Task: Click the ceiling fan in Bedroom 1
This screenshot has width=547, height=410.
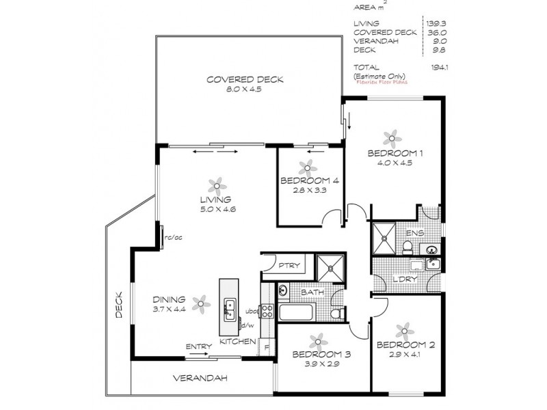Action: [392, 137]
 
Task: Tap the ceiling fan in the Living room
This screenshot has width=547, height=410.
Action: [217, 184]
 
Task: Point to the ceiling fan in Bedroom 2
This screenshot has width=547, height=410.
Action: [404, 329]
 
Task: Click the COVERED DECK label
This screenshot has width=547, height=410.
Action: [245, 80]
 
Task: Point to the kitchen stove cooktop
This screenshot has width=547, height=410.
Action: [267, 312]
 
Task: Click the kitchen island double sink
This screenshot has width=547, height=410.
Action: [229, 308]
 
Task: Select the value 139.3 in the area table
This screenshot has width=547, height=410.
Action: [432, 23]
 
